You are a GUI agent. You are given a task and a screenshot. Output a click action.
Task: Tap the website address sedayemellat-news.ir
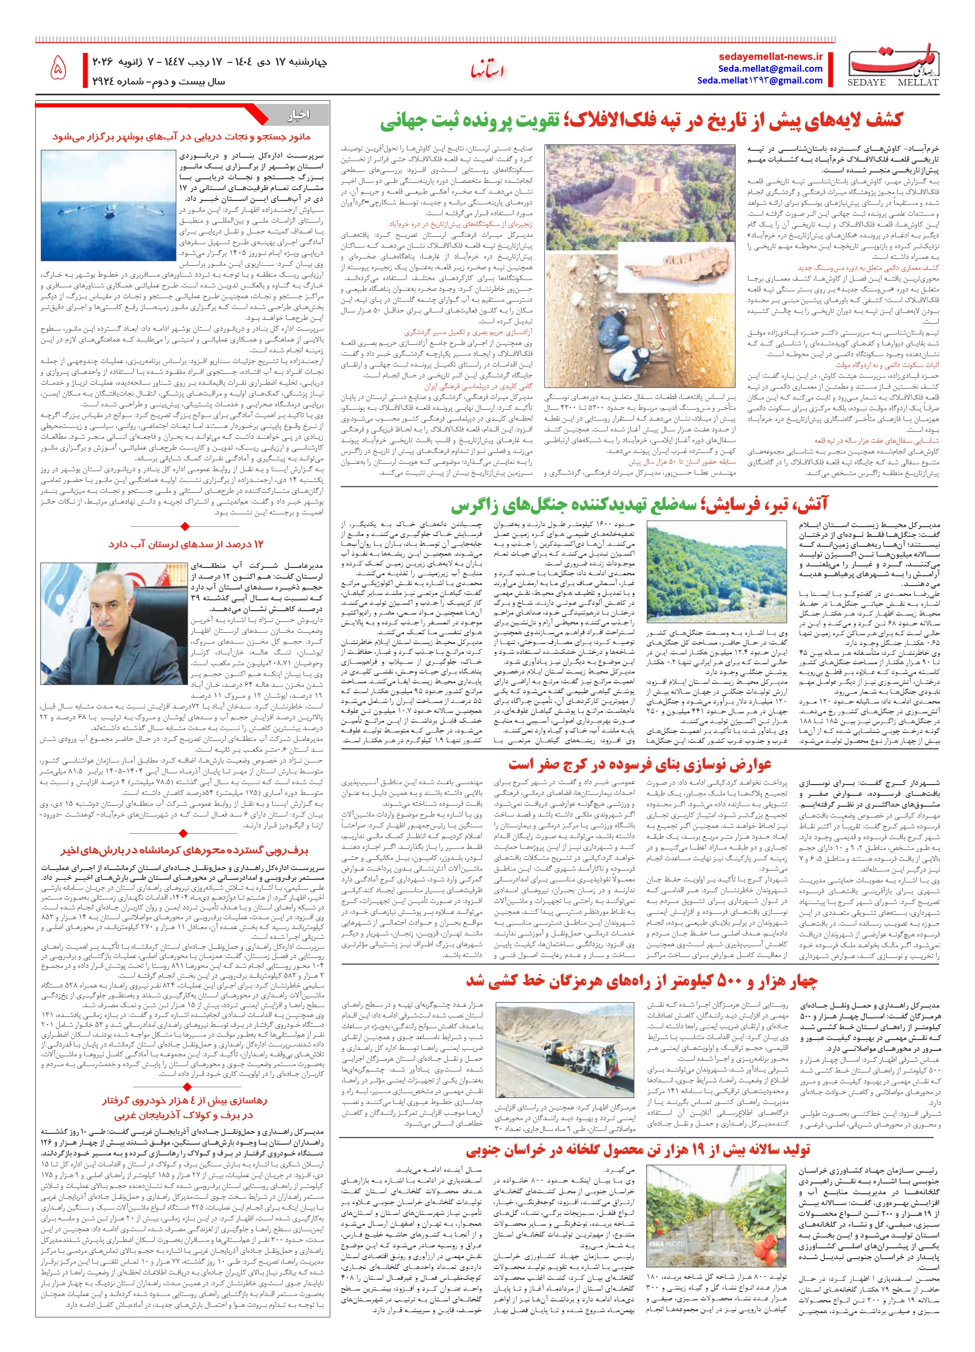pos(771,56)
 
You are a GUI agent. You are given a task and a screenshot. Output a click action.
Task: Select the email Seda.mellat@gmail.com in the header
pos(770,69)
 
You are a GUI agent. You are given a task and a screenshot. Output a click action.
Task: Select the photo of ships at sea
pos(108,206)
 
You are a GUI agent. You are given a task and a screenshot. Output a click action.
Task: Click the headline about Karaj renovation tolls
pos(640,764)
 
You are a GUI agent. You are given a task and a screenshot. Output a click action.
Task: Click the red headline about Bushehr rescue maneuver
pos(181,137)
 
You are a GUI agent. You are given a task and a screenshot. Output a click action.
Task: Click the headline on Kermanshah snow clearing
pos(184,851)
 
